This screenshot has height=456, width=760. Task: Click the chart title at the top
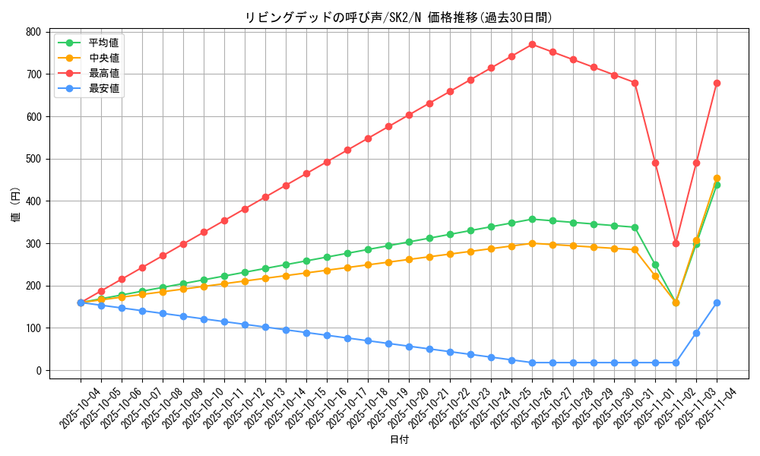click(399, 17)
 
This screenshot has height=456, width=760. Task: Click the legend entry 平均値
click(104, 43)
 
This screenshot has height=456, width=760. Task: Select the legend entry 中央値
click(104, 58)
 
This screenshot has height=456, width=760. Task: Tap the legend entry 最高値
click(104, 73)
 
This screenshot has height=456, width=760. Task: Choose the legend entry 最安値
click(104, 88)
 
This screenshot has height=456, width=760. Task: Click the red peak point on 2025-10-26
click(532, 44)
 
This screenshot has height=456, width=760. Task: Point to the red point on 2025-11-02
click(676, 243)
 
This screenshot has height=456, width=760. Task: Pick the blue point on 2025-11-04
click(717, 302)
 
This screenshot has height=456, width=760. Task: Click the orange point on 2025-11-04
click(717, 178)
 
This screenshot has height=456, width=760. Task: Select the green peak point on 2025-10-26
click(532, 219)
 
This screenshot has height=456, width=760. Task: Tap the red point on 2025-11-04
click(717, 83)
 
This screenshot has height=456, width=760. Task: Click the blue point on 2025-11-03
click(696, 333)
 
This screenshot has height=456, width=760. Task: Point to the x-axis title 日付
click(399, 440)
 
